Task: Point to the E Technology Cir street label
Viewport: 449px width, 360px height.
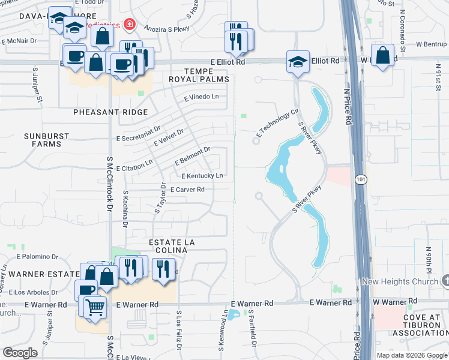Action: click(277, 124)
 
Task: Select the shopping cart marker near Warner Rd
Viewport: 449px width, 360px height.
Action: click(95, 308)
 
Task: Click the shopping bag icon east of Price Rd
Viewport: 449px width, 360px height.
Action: click(383, 55)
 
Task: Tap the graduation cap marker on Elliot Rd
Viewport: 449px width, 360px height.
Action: click(298, 62)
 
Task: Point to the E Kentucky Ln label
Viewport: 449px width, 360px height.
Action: click(202, 176)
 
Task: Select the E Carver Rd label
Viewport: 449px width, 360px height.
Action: click(188, 190)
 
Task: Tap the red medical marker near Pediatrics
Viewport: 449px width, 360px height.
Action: click(128, 24)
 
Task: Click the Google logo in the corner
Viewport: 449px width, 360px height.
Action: click(20, 353)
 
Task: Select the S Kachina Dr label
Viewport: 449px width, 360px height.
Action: click(125, 209)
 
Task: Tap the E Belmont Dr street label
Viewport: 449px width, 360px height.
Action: click(192, 156)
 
